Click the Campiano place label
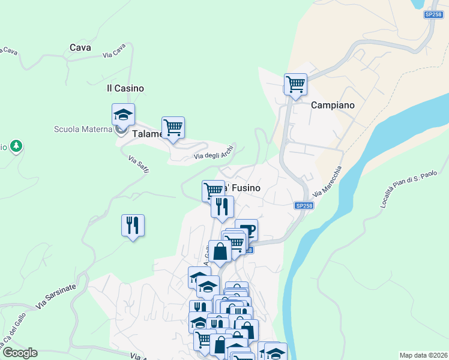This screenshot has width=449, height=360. click(x=332, y=105)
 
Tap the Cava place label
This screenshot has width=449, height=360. click(x=80, y=47)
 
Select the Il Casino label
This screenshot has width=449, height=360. click(x=125, y=88)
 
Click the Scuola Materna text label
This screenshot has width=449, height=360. click(x=83, y=129)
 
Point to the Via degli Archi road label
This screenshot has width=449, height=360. click(x=213, y=155)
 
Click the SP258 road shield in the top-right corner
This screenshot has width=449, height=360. click(x=432, y=14)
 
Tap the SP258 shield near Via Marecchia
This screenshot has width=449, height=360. click(x=304, y=206)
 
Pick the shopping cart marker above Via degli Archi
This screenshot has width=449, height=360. click(x=173, y=127)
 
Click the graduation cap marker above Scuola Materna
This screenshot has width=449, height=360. click(x=123, y=114)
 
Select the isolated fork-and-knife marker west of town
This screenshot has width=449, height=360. click(x=133, y=226)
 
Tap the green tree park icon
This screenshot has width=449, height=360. click(x=17, y=146)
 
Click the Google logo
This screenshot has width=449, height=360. click(x=19, y=353)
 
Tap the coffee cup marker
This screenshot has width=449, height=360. click(x=247, y=229)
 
